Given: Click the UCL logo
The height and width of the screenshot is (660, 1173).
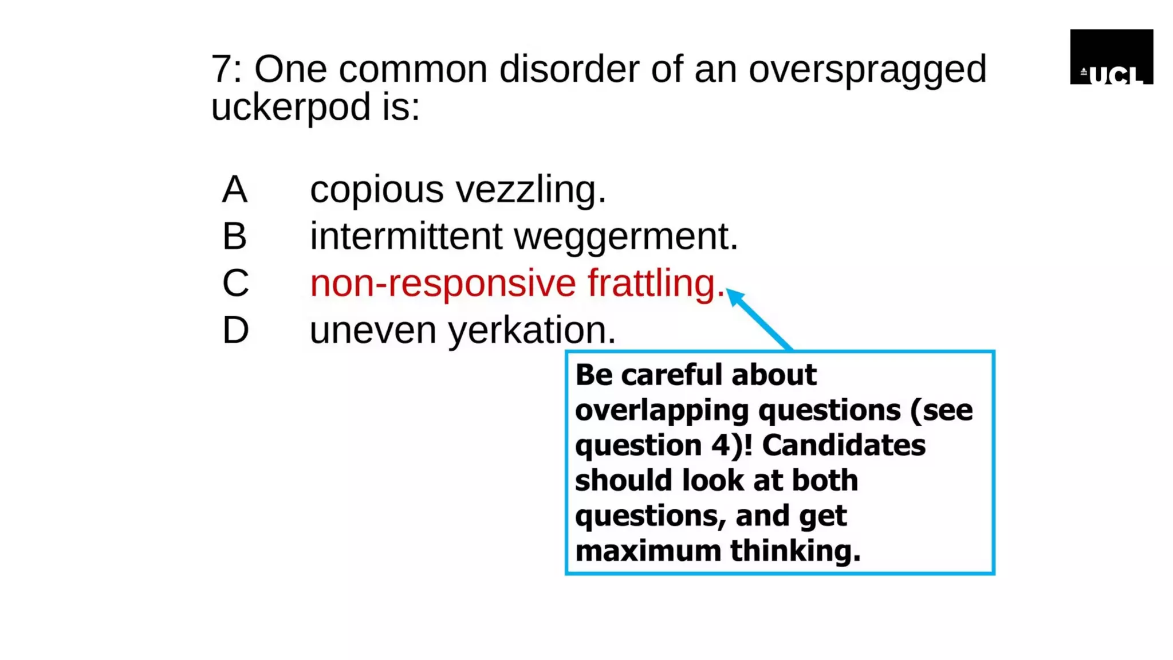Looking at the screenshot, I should (x=1111, y=57).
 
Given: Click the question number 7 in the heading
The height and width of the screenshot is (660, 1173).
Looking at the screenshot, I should (x=221, y=69).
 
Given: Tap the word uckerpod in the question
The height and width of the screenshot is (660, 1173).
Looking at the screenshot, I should (x=291, y=107).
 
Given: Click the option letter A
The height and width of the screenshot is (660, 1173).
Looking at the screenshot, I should (x=235, y=190).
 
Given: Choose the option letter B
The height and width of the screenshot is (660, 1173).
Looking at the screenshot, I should (x=235, y=236).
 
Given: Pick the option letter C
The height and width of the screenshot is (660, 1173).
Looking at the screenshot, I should (x=235, y=283).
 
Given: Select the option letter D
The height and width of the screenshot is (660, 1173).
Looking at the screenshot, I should (x=235, y=331).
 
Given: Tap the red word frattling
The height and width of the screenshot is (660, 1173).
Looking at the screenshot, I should (x=656, y=284).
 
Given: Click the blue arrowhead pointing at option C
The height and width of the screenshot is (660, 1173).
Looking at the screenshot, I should (x=735, y=297).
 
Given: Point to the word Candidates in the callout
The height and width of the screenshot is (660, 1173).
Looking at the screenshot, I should (x=844, y=445).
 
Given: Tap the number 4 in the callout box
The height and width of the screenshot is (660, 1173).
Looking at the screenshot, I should (x=721, y=445).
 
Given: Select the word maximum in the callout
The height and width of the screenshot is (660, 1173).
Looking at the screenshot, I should (x=648, y=551).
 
